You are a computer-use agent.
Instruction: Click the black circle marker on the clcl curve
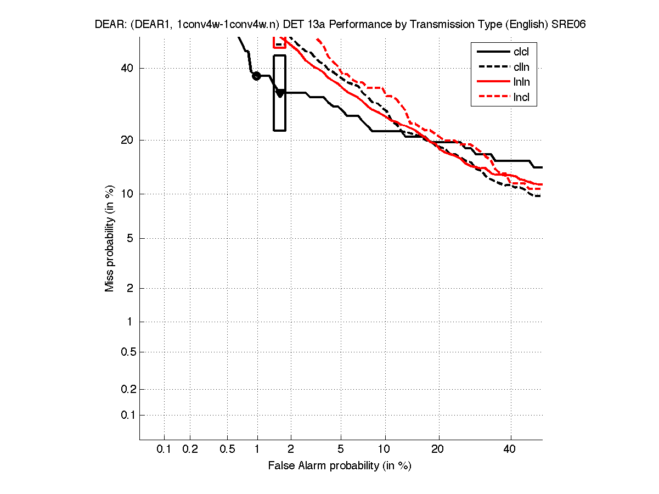[x=256, y=76]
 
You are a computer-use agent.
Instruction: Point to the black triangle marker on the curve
[x=280, y=93]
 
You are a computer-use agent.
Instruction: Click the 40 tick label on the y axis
[x=127, y=68]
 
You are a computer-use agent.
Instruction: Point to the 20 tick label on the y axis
[x=127, y=140]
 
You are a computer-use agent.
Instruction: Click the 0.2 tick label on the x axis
[x=190, y=450]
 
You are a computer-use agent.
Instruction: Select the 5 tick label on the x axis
[x=341, y=450]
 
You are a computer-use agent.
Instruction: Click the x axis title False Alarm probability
[x=340, y=466]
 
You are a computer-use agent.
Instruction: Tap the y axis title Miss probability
[x=110, y=238]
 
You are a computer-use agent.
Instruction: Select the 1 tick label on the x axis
[x=257, y=450]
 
